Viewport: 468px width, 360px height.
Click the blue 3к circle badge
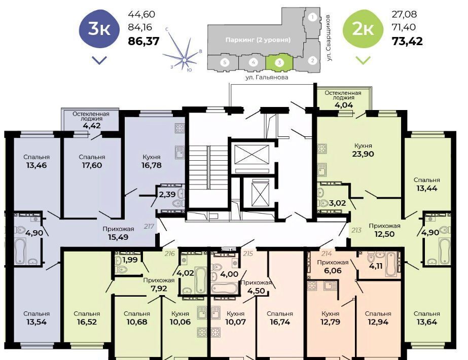tap(99, 29)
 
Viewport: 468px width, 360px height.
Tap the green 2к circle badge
tap(363, 29)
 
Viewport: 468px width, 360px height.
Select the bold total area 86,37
tap(143, 41)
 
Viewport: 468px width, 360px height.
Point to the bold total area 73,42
tap(407, 41)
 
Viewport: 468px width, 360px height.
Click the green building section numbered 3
tap(279, 62)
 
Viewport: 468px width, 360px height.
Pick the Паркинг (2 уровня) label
tap(258, 40)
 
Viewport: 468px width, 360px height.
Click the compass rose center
tap(185, 60)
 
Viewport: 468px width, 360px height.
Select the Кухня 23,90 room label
tap(363, 150)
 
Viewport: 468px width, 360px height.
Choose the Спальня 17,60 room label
tap(92, 161)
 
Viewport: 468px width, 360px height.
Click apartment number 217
tap(149, 226)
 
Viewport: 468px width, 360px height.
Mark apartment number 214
tap(327, 254)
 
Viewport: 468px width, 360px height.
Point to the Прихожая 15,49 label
tap(118, 233)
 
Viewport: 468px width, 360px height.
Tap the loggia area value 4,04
tap(344, 105)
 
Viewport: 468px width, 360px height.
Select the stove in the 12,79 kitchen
tap(312, 285)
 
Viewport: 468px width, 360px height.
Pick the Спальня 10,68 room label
tap(137, 318)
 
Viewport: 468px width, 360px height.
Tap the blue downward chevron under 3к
tap(99, 60)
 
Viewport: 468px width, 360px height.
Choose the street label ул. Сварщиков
tap(329, 38)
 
